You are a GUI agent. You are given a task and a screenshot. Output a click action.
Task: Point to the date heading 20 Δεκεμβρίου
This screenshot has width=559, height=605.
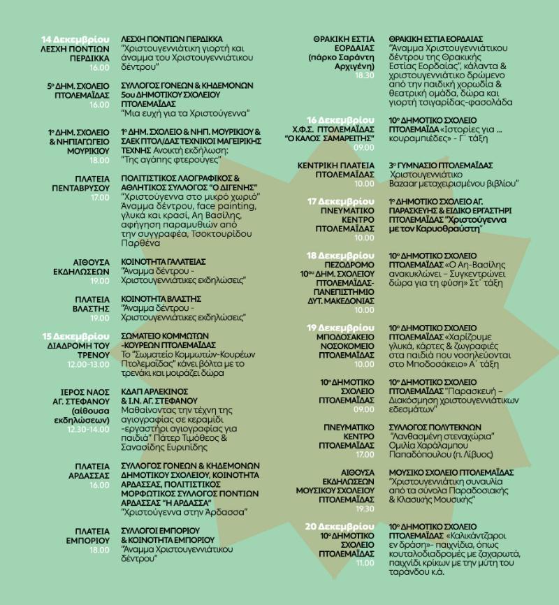click(x=340, y=525)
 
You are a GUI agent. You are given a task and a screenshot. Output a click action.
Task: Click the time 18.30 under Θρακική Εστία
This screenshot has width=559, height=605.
click(x=365, y=75)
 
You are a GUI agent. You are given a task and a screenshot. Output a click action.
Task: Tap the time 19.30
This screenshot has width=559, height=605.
click(x=364, y=509)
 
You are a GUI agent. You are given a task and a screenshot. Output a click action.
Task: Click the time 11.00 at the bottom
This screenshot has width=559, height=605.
click(x=365, y=562)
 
